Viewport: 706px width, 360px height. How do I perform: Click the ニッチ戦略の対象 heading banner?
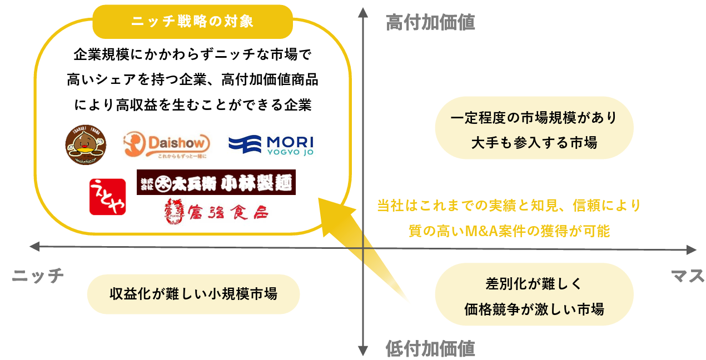click(x=192, y=22)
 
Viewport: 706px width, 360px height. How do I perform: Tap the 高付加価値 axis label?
click(x=430, y=22)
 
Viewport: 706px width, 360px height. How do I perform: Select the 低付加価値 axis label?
click(x=430, y=348)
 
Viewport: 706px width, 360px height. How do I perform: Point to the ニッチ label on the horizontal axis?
click(x=38, y=276)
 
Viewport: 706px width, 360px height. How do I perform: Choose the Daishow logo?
click(x=167, y=146)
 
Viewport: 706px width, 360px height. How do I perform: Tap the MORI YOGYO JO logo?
click(x=271, y=145)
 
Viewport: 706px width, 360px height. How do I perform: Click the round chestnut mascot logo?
click(x=86, y=144)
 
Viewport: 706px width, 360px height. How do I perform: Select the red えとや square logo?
click(x=107, y=197)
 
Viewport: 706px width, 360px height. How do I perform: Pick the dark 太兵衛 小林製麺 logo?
click(x=216, y=182)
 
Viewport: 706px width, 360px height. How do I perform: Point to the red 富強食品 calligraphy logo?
click(x=213, y=209)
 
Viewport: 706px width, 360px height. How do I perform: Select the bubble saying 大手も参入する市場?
click(x=534, y=128)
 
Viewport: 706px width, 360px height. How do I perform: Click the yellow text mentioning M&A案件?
click(x=509, y=218)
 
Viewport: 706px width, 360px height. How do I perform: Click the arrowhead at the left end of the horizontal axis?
click(x=33, y=246)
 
